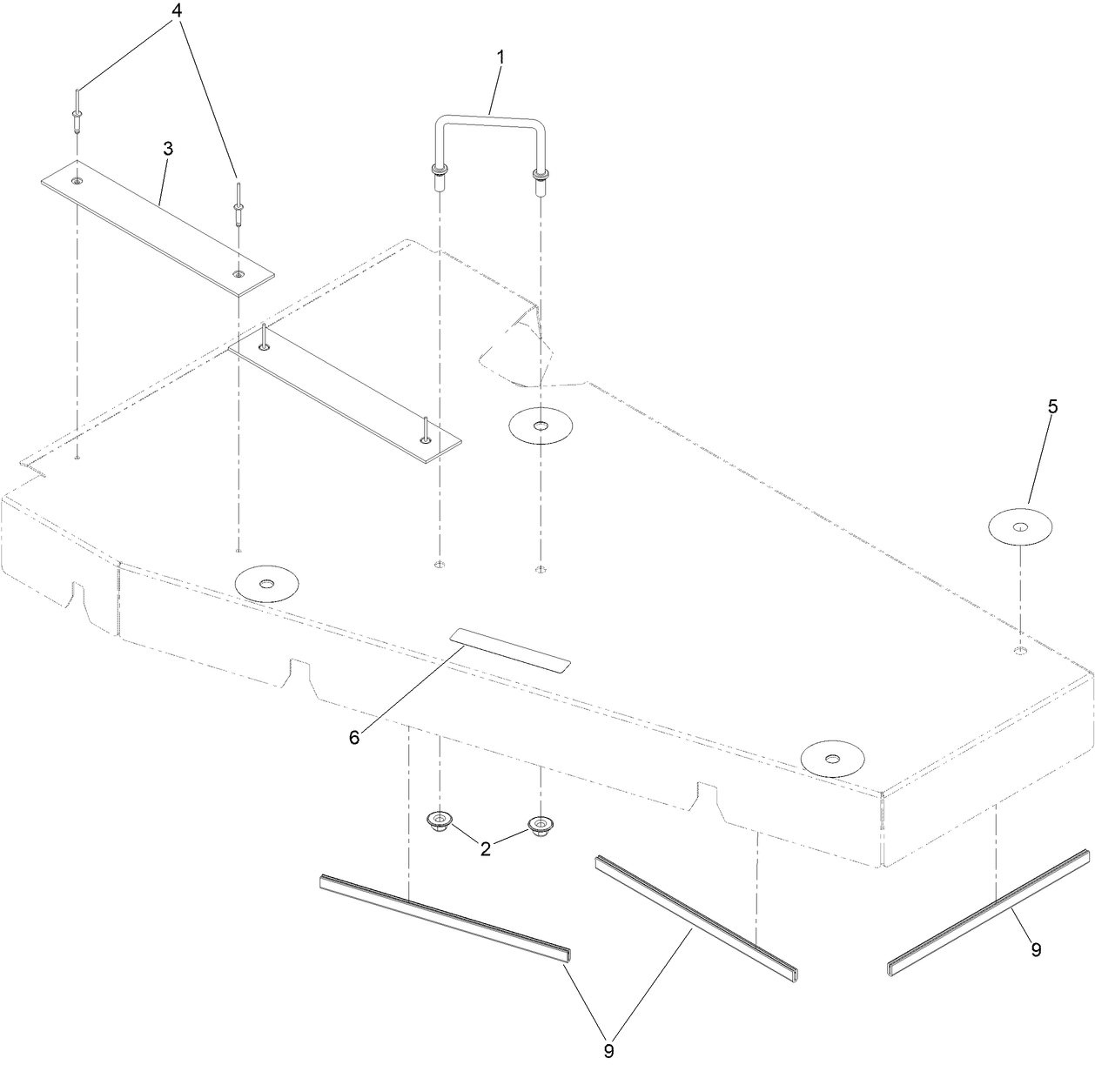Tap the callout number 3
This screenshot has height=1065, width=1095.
tap(168, 149)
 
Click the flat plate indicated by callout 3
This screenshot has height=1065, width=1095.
tap(157, 229)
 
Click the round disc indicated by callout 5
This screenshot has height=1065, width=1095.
tap(1020, 526)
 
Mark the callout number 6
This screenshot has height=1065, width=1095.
tap(354, 737)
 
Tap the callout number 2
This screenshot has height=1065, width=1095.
tap(486, 848)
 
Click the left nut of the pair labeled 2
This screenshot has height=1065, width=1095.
tap(440, 821)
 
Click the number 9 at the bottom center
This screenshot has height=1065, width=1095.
tap(608, 1051)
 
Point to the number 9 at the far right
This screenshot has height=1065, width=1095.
tap(1036, 949)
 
